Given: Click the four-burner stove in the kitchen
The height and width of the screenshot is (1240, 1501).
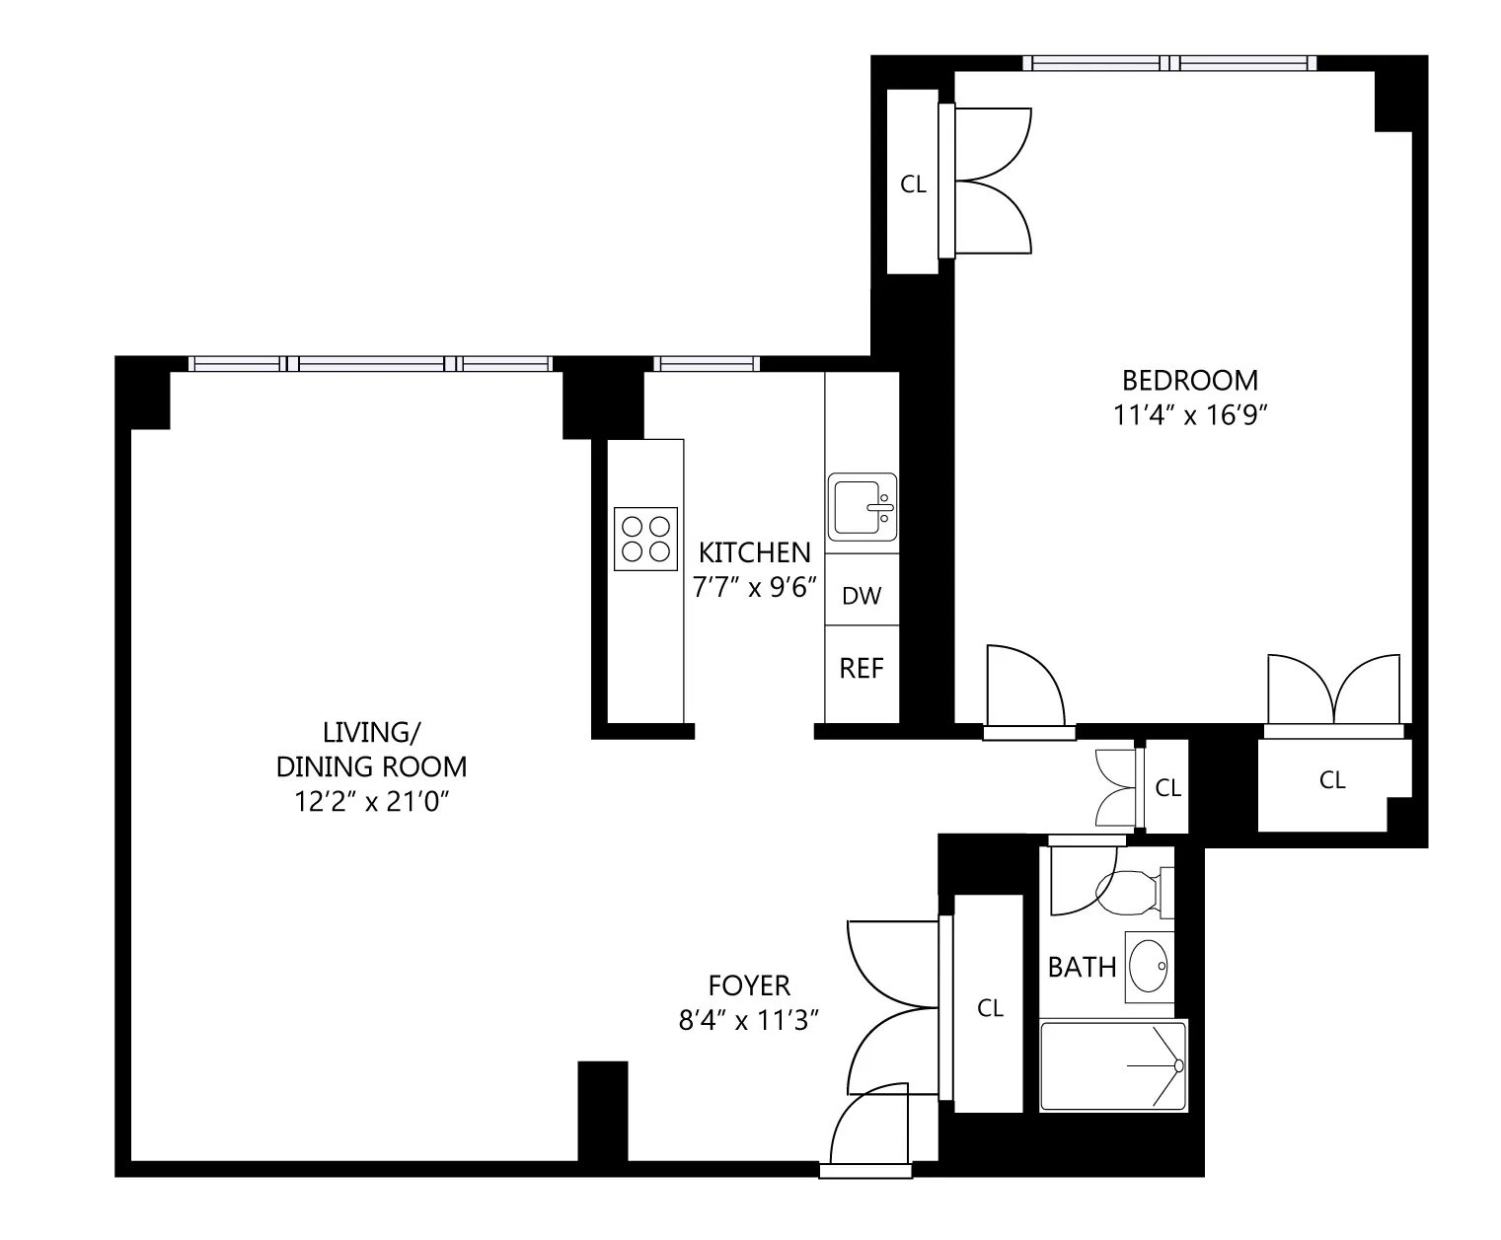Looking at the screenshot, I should pyautogui.click(x=645, y=539).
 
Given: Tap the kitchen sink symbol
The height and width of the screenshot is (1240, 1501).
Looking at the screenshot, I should pyautogui.click(x=862, y=507).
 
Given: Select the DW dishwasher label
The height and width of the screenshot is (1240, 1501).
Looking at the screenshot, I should pyautogui.click(x=861, y=596).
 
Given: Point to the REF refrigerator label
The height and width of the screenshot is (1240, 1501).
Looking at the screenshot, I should pyautogui.click(x=861, y=669).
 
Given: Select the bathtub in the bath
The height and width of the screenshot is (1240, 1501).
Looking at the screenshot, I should pyautogui.click(x=1113, y=1066).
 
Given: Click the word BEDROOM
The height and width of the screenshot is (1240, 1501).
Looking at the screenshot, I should pyautogui.click(x=1189, y=380).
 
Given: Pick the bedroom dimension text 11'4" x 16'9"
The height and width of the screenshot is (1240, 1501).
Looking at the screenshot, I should pyautogui.click(x=1189, y=415).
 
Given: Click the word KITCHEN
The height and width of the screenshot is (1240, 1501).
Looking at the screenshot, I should pyautogui.click(x=754, y=552).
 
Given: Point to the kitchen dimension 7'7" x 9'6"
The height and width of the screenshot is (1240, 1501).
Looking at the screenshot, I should pyautogui.click(x=756, y=588).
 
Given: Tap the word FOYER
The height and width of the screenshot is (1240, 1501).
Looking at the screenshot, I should pyautogui.click(x=749, y=985).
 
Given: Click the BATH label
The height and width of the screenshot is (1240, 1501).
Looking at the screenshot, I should pyautogui.click(x=1082, y=968).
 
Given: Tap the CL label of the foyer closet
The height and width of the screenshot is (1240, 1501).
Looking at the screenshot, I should pyautogui.click(x=990, y=1008).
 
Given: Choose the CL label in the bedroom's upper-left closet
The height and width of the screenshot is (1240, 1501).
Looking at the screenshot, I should pyautogui.click(x=914, y=184).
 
